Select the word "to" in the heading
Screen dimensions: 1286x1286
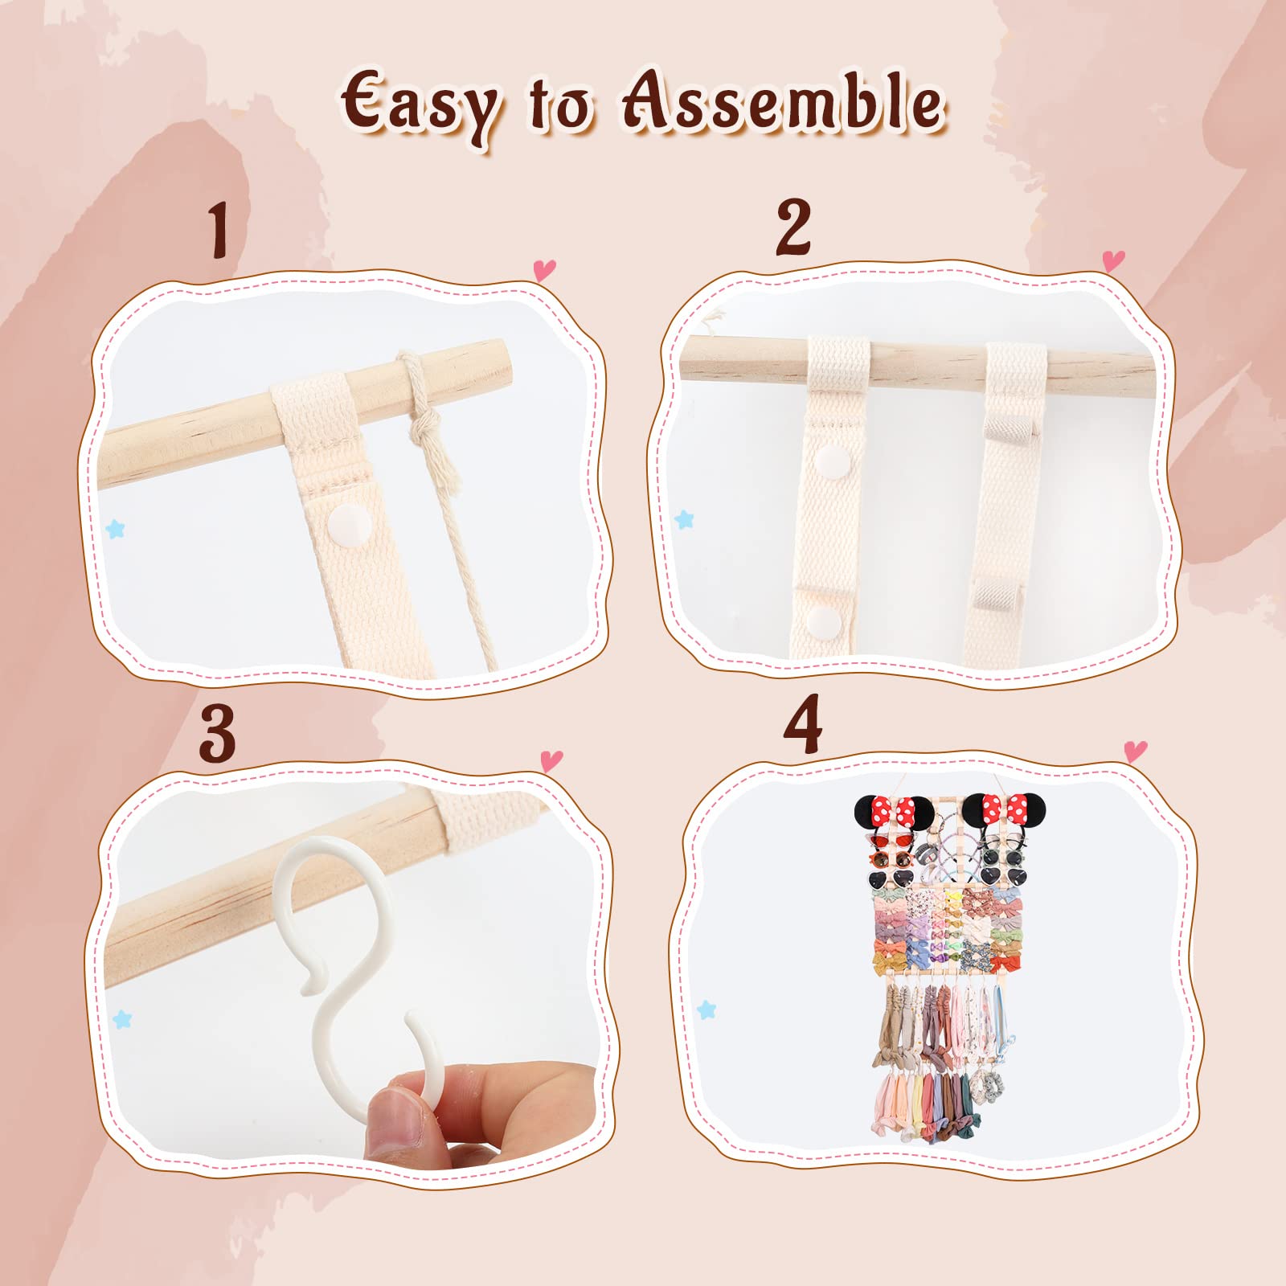pos(560,106)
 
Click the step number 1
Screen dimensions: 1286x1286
pos(219,231)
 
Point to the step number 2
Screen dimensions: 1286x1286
pos(793,227)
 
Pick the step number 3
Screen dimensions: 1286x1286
pos(217,733)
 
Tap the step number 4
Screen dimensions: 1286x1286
pos(802,724)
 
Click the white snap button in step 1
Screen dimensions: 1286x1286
pos(349,525)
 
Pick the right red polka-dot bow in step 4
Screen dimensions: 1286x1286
pos(1005,806)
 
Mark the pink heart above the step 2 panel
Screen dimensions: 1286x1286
pos(1113,260)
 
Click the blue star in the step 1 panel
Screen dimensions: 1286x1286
pos(116,529)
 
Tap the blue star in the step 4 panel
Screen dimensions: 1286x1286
pos(706,1010)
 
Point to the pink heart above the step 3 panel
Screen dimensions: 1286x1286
pos(551,760)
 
